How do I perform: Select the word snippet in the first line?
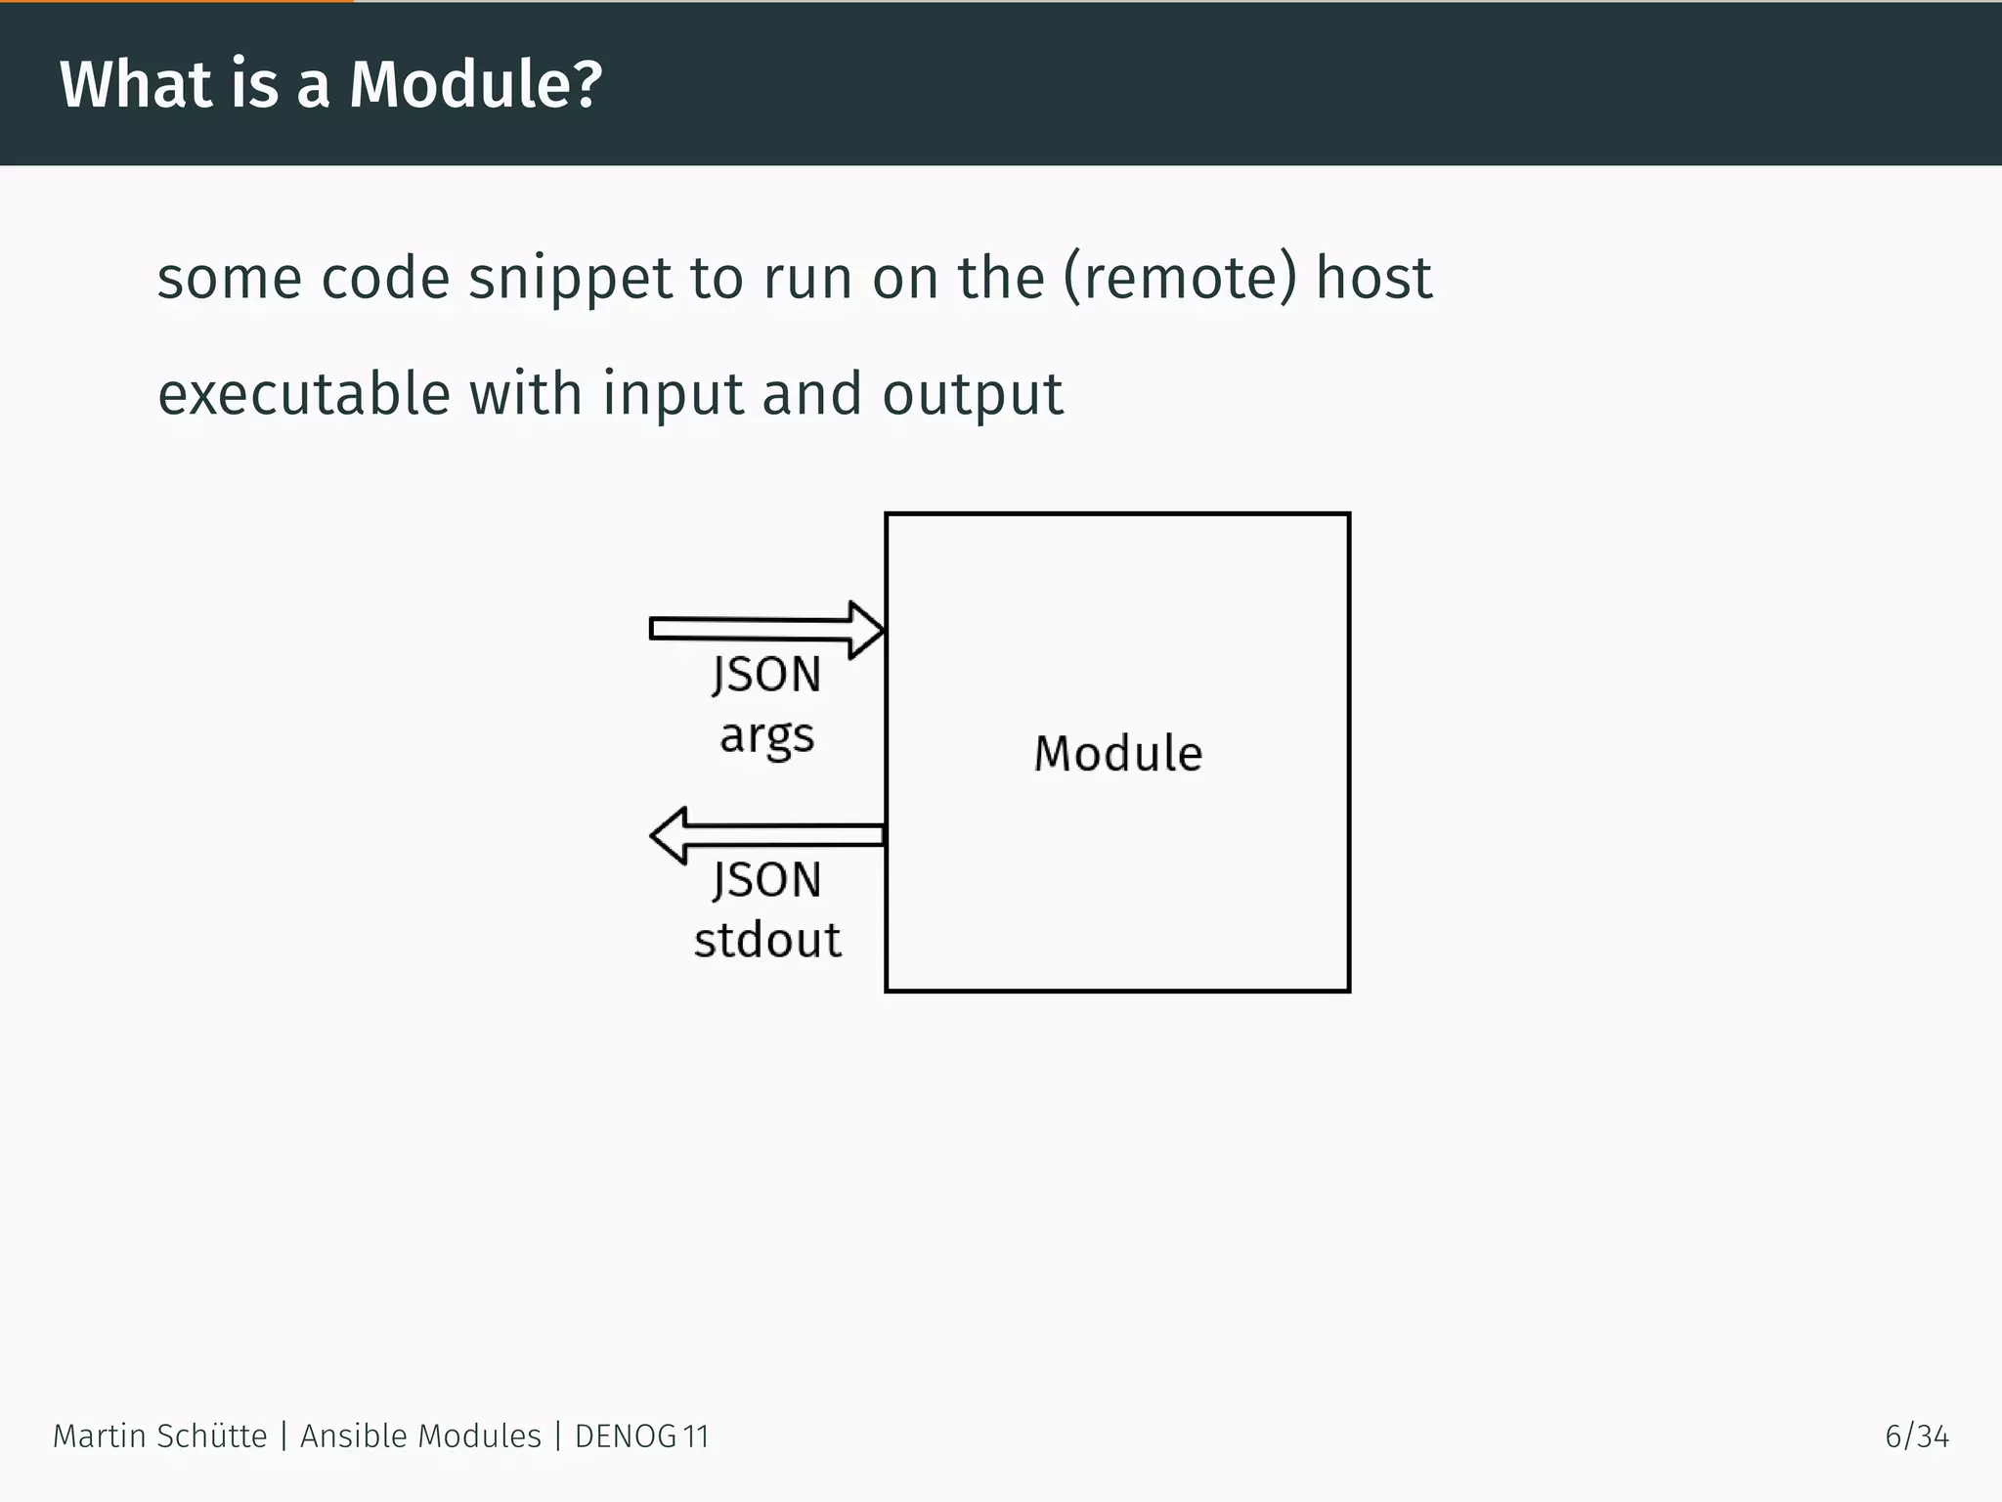point(570,279)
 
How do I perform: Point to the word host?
point(1373,278)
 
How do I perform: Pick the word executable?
point(304,394)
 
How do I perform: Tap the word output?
point(972,394)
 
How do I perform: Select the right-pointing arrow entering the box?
point(767,630)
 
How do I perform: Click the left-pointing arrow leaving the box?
point(767,835)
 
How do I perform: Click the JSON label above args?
point(767,675)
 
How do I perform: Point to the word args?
point(767,735)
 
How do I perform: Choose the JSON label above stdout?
point(767,880)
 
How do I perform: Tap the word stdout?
point(767,941)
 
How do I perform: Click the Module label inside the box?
point(1118,754)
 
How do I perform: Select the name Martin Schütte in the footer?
point(159,1436)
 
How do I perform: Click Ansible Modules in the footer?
point(420,1436)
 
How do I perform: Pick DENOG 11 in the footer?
point(641,1436)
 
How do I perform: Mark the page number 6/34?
point(1916,1436)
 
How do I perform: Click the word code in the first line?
point(385,279)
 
